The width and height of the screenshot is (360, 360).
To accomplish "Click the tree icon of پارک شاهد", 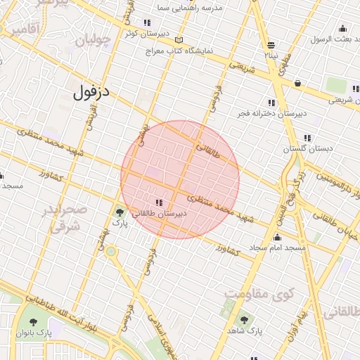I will tap(244, 320).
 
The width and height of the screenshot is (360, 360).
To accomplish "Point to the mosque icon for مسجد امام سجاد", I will tap(278, 238).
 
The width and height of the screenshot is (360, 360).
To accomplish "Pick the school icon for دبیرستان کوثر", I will tap(146, 22).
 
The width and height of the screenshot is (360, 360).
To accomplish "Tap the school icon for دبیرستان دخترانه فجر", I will tap(271, 103).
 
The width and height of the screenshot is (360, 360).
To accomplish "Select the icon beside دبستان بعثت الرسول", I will tap(342, 28).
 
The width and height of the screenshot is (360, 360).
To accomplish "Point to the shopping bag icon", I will tap(298, 83).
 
